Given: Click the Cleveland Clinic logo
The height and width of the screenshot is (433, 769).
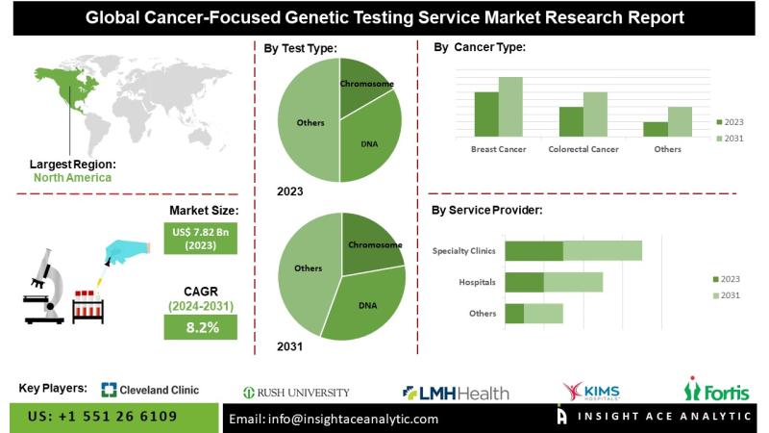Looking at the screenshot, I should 151,390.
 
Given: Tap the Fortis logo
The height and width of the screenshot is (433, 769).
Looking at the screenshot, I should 716,390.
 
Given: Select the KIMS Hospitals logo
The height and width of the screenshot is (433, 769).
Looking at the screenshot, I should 592,390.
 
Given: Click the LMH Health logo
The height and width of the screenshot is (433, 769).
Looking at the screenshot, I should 456,392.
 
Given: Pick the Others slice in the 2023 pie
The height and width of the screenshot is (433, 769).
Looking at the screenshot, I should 308,122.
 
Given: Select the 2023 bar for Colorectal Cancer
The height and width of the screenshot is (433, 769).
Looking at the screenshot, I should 571,121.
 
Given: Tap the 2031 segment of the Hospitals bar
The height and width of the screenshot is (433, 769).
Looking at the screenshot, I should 573,282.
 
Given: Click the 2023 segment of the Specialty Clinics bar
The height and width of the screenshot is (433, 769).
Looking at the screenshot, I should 533,251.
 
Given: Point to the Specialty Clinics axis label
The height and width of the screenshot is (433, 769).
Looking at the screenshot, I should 464,251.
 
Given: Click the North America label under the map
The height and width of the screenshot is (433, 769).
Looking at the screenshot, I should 72,177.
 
